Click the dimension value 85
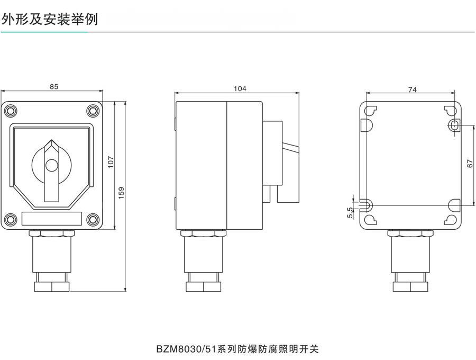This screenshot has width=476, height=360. tap(53, 87)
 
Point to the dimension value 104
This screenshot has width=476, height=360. tap(240, 89)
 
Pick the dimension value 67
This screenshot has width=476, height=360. tap(470, 164)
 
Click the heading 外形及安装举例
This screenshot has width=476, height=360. tap(50, 20)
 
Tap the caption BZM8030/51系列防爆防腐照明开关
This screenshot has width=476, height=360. tap(238, 348)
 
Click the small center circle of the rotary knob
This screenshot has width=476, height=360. tap(51, 165)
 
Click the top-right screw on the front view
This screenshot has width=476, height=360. tap(93, 111)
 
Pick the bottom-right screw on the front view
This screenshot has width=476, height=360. tap(93, 219)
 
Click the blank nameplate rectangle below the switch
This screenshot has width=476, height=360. tap(51, 219)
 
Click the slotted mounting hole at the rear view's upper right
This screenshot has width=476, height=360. tap(454, 125)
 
